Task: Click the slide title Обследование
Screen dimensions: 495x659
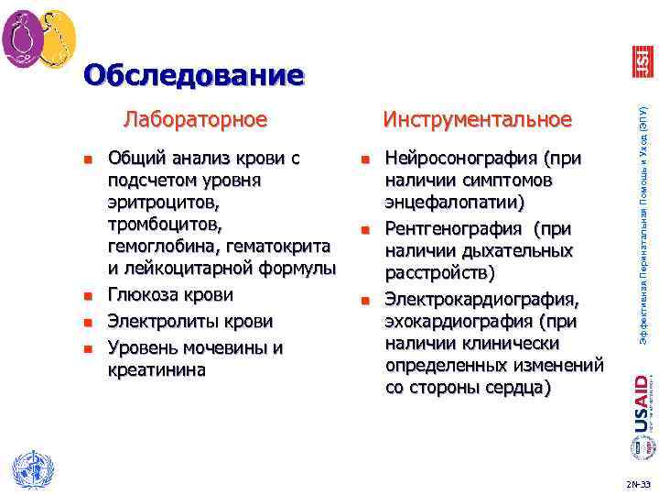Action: click(192, 75)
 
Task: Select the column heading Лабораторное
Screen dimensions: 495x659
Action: click(195, 119)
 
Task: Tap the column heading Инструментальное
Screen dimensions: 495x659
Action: click(477, 120)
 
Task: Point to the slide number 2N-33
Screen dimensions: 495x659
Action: click(638, 483)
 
